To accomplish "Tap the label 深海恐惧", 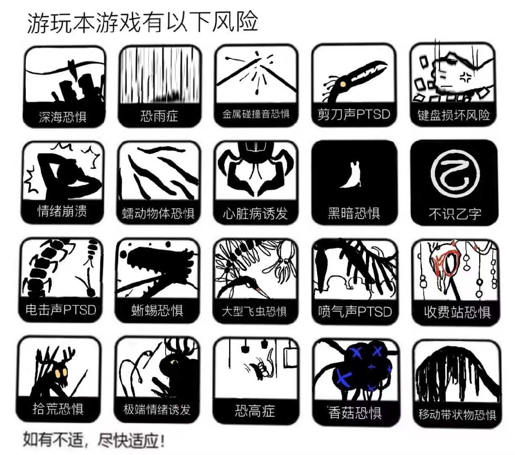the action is tap(62, 117).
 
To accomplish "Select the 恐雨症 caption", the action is tap(159, 116).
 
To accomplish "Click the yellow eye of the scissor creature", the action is tap(343, 83).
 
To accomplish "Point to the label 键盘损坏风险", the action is tap(454, 115).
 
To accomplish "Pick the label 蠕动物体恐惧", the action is tap(158, 213).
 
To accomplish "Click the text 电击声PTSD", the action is tap(61, 310).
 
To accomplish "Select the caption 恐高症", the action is tap(255, 411).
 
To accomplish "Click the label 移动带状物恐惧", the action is tap(457, 414).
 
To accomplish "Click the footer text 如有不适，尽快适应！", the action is tap(93, 440).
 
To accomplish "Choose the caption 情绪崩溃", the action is tap(62, 211).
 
